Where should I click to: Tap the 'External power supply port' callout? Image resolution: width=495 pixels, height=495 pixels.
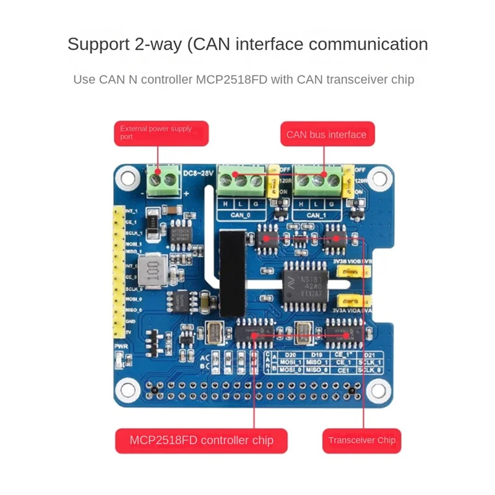(x=161, y=133)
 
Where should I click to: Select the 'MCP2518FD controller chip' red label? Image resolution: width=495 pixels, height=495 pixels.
(x=201, y=441)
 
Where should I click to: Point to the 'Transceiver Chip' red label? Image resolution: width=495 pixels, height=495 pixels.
(x=362, y=441)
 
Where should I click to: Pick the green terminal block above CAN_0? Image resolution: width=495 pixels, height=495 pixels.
(x=241, y=181)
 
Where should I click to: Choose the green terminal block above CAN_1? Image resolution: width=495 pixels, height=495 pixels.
(x=318, y=181)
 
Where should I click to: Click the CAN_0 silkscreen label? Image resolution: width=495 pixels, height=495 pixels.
(x=241, y=215)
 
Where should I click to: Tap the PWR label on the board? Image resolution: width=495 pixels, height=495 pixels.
(x=120, y=346)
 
